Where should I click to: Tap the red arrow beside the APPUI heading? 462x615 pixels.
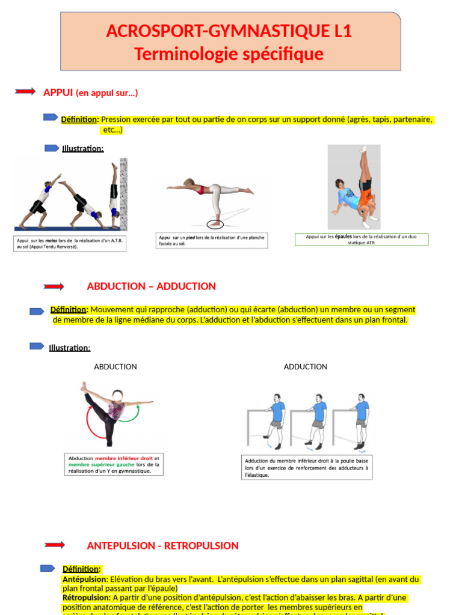[x=25, y=91]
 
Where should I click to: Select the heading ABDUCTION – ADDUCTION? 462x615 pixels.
[x=151, y=286]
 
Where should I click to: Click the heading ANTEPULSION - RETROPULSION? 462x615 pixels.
[x=162, y=546]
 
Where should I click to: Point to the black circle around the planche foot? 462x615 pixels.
[x=214, y=224]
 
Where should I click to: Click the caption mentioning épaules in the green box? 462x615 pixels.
[x=362, y=240]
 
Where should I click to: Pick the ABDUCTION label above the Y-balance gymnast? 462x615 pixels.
[x=115, y=367]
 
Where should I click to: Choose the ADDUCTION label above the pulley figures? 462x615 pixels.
[x=306, y=367]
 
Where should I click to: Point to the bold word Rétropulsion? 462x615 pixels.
[x=86, y=598]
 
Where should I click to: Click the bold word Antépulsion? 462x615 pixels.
[x=84, y=580]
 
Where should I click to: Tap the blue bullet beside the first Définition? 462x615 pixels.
[x=51, y=118]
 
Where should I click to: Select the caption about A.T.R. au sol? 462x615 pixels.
[x=70, y=243]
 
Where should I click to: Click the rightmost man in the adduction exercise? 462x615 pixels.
[x=360, y=420]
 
